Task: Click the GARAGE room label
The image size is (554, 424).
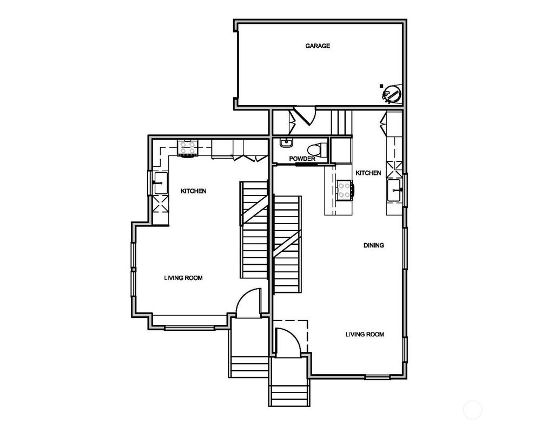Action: (318, 46)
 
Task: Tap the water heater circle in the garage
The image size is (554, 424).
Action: (392, 94)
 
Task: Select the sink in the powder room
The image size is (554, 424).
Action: (286, 143)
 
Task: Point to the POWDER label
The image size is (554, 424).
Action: (302, 159)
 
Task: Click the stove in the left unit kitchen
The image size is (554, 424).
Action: (188, 148)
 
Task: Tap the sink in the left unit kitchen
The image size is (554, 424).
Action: (160, 183)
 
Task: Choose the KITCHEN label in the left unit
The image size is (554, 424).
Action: (193, 191)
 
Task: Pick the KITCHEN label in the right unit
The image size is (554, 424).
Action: (368, 173)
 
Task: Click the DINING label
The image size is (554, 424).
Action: (373, 245)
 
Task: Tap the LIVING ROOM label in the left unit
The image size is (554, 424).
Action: (183, 278)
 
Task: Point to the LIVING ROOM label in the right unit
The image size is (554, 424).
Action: (365, 334)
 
